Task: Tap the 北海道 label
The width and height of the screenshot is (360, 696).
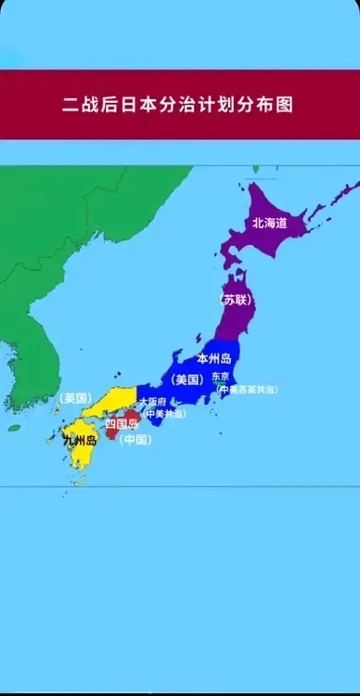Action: [x=269, y=223]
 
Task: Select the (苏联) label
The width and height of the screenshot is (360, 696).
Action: [x=234, y=300]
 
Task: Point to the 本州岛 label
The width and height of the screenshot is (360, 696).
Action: [x=213, y=358]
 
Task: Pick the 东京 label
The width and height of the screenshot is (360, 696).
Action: [x=220, y=377]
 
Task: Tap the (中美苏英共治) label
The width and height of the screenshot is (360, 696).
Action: [x=246, y=390]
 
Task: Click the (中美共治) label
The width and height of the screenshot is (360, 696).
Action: [x=161, y=413]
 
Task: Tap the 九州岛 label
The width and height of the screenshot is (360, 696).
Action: [x=79, y=441]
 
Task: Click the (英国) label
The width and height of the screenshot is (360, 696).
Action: [x=73, y=398]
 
